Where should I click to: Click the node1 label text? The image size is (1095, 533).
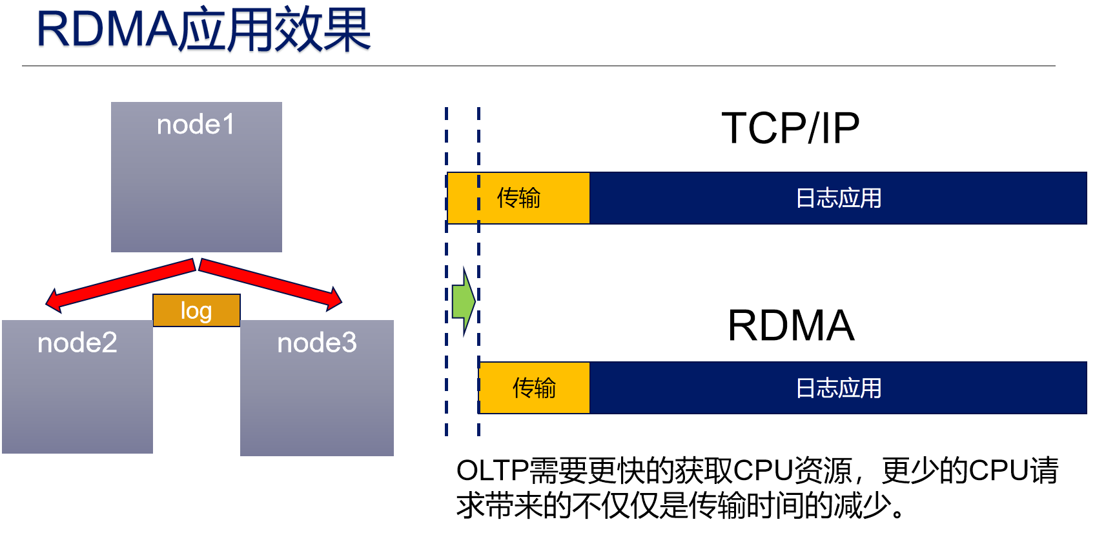pos(196,125)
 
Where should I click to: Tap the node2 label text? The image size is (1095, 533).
pos(77,343)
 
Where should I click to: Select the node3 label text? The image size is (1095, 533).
pos(316,343)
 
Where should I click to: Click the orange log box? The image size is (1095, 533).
pos(196,310)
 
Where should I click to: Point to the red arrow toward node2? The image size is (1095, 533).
pos(120,284)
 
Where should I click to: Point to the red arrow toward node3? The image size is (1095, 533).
pos(271,283)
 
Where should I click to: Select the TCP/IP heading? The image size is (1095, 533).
pos(790,128)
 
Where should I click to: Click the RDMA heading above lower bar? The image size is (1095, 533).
pos(790,325)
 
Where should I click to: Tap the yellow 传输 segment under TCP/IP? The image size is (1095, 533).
pos(518,198)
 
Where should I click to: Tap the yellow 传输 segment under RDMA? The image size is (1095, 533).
pos(534,388)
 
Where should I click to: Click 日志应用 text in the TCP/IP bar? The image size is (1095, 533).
pos(838,198)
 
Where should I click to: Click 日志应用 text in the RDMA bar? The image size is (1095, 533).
pos(838,388)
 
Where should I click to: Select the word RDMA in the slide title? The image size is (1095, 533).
pos(107,30)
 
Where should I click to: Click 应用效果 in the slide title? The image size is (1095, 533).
pos(274,30)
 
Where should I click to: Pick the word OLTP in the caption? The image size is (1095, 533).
pos(493,470)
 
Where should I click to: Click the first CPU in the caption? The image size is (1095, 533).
pos(762,470)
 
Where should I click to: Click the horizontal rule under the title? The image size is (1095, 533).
pos(538,66)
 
